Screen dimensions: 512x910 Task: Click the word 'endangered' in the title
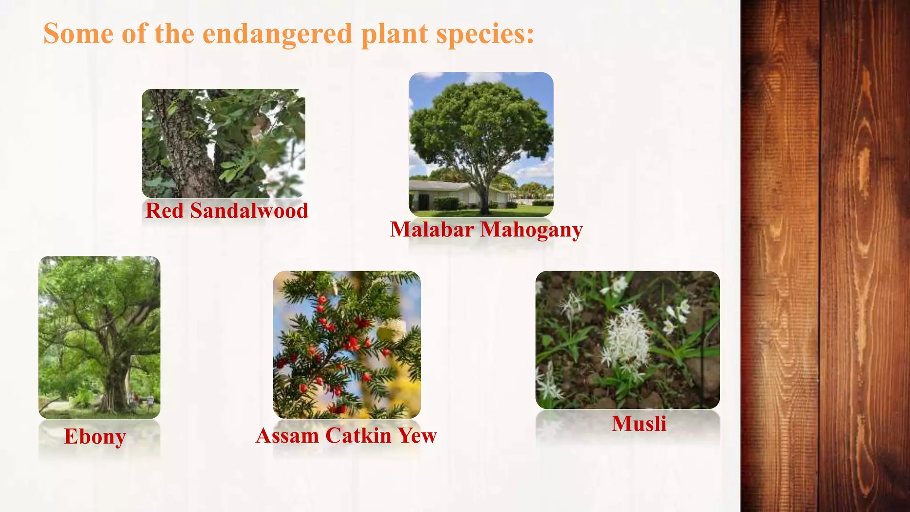[x=277, y=34]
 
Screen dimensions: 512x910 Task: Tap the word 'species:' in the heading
[x=485, y=34]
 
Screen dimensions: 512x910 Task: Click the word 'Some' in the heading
[x=78, y=34]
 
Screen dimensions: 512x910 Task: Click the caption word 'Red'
[x=164, y=211]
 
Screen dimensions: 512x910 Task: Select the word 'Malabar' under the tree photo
[x=431, y=230]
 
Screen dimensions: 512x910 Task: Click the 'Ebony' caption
[x=95, y=436]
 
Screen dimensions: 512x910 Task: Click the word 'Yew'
[x=418, y=436]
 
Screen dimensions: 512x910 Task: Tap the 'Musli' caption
[x=639, y=424]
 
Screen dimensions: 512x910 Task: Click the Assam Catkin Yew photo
[x=347, y=344]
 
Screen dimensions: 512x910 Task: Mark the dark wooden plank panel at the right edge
[x=825, y=256]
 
